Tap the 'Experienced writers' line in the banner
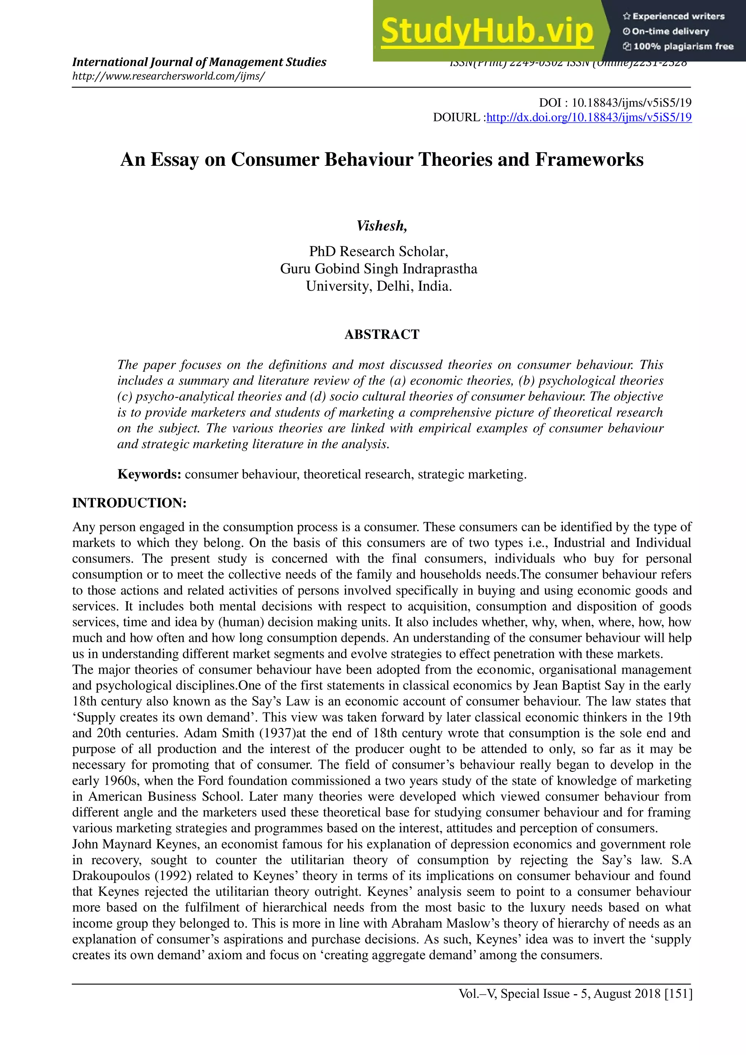674,16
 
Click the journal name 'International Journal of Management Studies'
199,62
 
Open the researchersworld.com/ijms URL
168,76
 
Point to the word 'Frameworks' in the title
589,160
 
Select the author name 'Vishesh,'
381,226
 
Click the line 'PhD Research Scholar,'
378,251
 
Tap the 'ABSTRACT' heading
382,334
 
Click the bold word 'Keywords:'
149,474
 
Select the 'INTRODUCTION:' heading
129,503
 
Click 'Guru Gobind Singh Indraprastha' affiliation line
378,269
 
